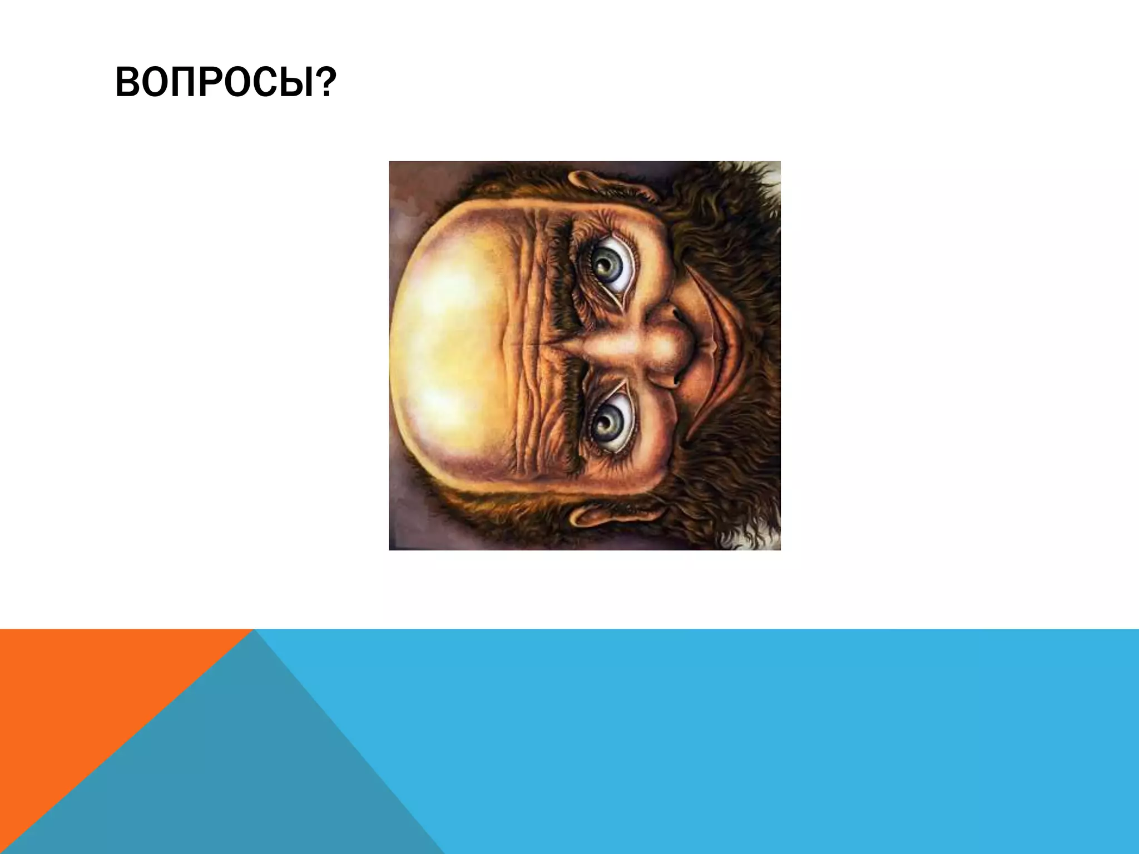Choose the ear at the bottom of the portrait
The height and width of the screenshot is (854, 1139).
[x=601, y=514]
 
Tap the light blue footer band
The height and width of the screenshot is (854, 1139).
[x=779, y=739]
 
